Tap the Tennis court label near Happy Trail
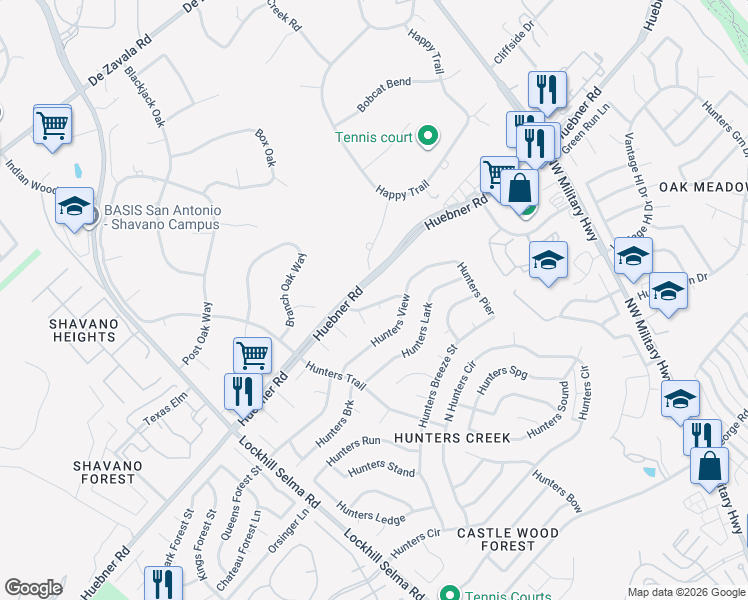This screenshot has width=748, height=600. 373,137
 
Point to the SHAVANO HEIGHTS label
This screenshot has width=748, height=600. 84,330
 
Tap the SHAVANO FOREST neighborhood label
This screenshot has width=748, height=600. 104,472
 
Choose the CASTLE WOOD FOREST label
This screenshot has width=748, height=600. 507,539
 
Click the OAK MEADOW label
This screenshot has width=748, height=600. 702,187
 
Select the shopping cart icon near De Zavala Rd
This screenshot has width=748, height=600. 52,125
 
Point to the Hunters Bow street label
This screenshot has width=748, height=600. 558,492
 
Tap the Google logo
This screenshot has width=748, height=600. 34,588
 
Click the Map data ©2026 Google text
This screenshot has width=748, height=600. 686,592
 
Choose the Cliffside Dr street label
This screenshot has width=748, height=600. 515,42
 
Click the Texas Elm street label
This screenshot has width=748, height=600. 165,409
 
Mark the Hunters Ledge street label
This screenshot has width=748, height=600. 371,513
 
